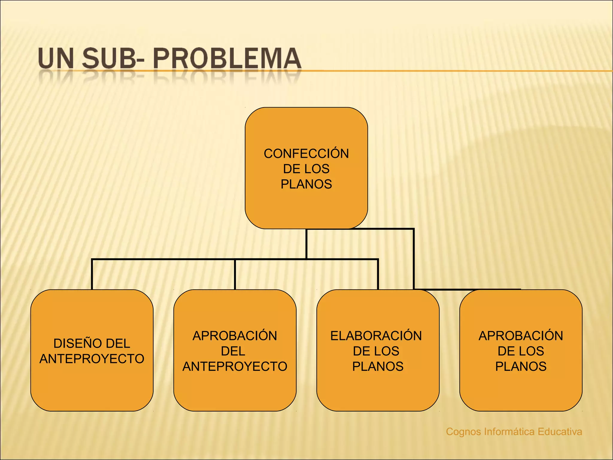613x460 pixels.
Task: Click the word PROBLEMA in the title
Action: pyautogui.click(x=227, y=58)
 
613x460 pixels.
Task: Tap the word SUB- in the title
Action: pyautogui.click(x=113, y=58)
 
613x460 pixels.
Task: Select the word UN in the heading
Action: pyautogui.click(x=56, y=58)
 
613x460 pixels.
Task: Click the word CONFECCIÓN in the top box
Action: pyautogui.click(x=306, y=154)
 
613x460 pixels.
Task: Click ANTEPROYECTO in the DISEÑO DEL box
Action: pyautogui.click(x=92, y=359)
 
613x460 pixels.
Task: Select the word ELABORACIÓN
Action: pyautogui.click(x=376, y=336)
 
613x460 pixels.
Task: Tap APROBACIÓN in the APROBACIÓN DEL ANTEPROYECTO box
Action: pyautogui.click(x=235, y=336)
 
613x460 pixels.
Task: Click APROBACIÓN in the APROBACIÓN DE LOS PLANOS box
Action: pyautogui.click(x=521, y=336)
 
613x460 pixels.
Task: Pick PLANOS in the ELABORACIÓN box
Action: pyautogui.click(x=378, y=367)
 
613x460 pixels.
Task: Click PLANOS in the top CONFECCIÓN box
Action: pyautogui.click(x=306, y=184)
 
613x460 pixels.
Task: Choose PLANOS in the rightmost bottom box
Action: pyautogui.click(x=521, y=367)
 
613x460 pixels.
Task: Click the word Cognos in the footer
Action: pyautogui.click(x=464, y=432)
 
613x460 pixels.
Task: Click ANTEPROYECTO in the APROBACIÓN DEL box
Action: pyautogui.click(x=235, y=367)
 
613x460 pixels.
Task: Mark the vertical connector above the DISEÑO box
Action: pyautogui.click(x=92, y=274)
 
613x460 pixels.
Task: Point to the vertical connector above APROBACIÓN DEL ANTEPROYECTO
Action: pyautogui.click(x=235, y=274)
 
